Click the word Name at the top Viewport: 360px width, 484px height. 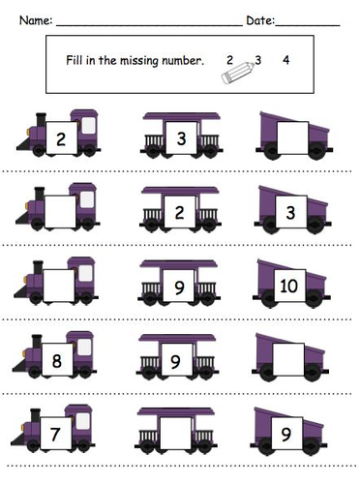(34, 20)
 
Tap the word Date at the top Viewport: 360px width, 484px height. (259, 20)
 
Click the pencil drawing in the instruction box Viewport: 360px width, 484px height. (238, 73)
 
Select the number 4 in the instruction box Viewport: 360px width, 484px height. (286, 60)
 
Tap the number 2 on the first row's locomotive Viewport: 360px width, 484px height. (61, 139)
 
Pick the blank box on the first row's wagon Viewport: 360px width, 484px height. (292, 137)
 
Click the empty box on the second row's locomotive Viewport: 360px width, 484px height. (60, 211)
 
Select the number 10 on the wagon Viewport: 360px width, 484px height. (288, 286)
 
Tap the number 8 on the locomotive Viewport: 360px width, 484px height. (57, 360)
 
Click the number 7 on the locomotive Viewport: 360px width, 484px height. (55, 434)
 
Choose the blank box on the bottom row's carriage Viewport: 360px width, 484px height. (175, 433)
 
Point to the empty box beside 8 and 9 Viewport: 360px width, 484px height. (288, 359)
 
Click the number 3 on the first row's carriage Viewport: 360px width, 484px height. (181, 138)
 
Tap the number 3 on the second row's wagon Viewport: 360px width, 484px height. (290, 212)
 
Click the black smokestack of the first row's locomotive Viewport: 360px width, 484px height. (41, 120)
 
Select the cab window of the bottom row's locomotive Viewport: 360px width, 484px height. (82, 421)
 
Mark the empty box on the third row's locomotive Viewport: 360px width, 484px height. (59, 286)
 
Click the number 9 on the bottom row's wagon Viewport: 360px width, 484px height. (286, 434)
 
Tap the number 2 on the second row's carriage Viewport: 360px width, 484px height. (179, 212)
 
